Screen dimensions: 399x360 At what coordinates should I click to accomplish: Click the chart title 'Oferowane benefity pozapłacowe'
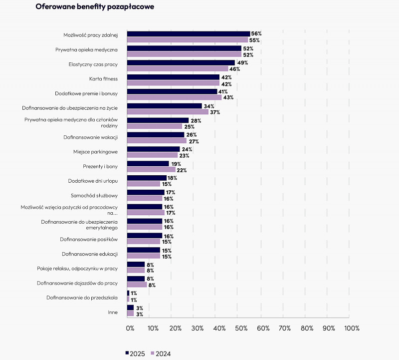[x=95, y=6]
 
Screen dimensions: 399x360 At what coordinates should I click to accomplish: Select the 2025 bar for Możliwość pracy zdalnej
[x=189, y=34]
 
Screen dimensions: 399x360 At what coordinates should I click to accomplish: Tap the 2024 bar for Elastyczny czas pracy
[x=178, y=68]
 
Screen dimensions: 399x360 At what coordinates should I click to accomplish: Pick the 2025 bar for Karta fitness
[x=173, y=77]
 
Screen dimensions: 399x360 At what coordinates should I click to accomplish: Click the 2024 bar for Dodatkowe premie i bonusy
[x=174, y=97]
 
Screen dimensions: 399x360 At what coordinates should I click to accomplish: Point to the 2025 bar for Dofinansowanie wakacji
[x=156, y=135]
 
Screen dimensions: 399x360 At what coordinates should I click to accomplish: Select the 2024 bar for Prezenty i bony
[x=152, y=169]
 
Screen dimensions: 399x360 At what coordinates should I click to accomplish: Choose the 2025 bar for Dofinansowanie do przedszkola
[x=128, y=293]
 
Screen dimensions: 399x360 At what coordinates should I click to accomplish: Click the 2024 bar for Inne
[x=131, y=314]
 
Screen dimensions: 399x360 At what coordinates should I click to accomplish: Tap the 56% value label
[x=256, y=33]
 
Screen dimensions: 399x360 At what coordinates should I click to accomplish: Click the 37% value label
[x=215, y=112]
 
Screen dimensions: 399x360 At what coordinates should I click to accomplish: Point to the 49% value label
[x=242, y=63]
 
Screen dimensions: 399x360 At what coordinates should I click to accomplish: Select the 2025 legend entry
[x=135, y=354]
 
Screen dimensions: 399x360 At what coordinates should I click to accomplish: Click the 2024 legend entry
[x=161, y=354]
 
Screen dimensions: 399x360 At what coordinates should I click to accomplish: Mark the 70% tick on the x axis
[x=284, y=328]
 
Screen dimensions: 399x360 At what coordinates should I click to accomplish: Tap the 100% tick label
[x=352, y=328]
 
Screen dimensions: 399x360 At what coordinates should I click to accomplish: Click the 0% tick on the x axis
[x=130, y=328]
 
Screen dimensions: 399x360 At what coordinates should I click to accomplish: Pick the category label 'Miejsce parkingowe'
[x=95, y=152]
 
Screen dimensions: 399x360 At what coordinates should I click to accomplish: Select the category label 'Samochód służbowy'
[x=94, y=196]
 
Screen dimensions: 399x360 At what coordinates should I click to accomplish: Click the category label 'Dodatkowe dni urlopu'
[x=93, y=181]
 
